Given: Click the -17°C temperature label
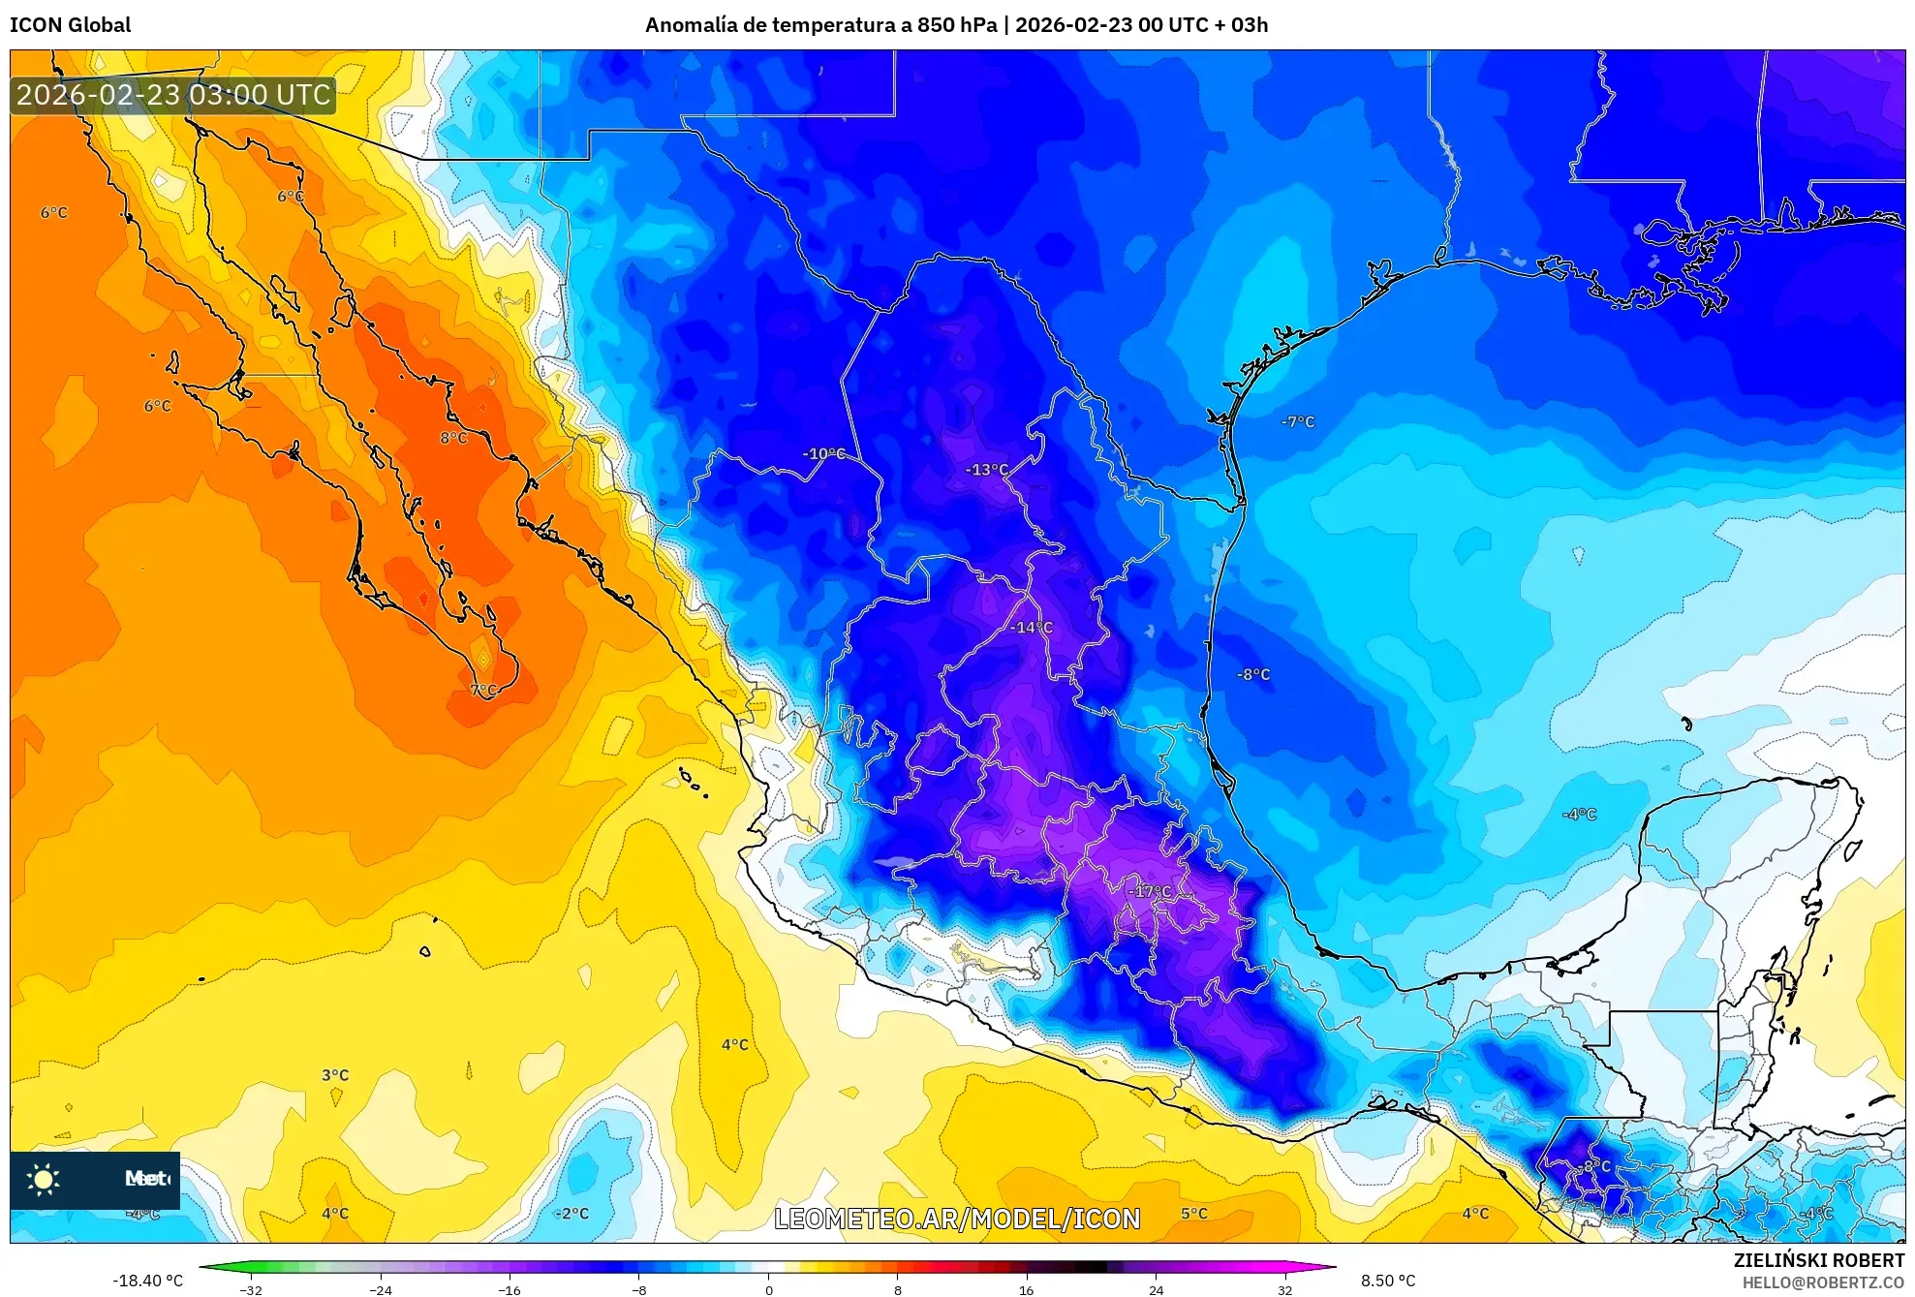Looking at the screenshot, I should [x=1150, y=891].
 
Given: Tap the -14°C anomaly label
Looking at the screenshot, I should [x=1031, y=628].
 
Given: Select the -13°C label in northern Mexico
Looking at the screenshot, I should [x=987, y=470].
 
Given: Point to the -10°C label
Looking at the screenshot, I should [x=823, y=453].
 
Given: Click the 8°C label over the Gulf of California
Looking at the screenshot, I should [x=453, y=438].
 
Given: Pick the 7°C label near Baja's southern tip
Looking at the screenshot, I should [x=483, y=691].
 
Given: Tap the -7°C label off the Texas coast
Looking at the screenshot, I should [x=1298, y=421].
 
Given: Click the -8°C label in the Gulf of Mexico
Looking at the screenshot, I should [x=1253, y=674].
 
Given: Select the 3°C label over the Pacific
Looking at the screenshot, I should [x=335, y=1075].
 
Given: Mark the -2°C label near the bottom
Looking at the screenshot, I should [x=571, y=1214].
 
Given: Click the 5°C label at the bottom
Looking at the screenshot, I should [x=1194, y=1214].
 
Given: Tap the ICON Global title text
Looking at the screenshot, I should [x=70, y=25].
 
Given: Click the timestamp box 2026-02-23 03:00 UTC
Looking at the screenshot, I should [x=173, y=95].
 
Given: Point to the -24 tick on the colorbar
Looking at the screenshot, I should [x=381, y=1290].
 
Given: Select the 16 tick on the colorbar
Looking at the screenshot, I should [x=1027, y=1290].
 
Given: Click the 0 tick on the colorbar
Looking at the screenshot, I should [x=769, y=1290].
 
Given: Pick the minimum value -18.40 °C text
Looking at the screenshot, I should [x=147, y=1281].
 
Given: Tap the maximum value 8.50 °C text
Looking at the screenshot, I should [x=1388, y=1281].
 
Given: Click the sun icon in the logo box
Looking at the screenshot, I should [x=44, y=1179].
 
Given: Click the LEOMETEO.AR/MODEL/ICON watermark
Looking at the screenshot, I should [x=957, y=1219].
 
